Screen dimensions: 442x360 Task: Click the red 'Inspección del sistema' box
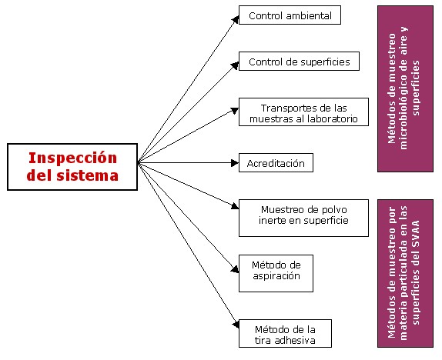pyautogui.click(x=72, y=167)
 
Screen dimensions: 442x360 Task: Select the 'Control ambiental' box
pyautogui.click(x=290, y=15)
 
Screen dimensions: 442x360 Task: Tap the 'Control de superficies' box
pyautogui.click(x=299, y=61)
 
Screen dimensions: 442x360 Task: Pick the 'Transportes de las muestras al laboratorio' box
pyautogui.click(x=303, y=112)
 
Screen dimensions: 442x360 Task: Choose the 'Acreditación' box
pyautogui.click(x=276, y=163)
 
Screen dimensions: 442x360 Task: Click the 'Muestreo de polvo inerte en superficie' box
pyautogui.click(x=303, y=218)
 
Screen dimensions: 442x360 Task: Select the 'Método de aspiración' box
pyautogui.click(x=276, y=274)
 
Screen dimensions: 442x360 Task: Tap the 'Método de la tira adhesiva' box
pyautogui.click(x=285, y=334)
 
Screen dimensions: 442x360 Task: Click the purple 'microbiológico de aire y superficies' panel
pyautogui.click(x=405, y=88)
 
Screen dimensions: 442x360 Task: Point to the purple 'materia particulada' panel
pyautogui.click(x=405, y=274)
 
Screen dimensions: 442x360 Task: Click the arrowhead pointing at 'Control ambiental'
pyautogui.click(x=236, y=20)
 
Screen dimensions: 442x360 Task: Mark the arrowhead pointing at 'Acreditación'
pyautogui.click(x=235, y=163)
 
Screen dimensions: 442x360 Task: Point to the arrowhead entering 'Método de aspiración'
pyautogui.click(x=235, y=269)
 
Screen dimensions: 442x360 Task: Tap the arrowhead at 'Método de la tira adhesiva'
pyautogui.click(x=236, y=325)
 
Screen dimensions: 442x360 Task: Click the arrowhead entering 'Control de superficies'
pyautogui.click(x=235, y=65)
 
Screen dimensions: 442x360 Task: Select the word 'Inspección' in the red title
pyautogui.click(x=72, y=158)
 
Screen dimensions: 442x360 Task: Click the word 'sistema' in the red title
pyautogui.click(x=87, y=175)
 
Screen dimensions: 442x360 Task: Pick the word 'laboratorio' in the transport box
pyautogui.click(x=332, y=119)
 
